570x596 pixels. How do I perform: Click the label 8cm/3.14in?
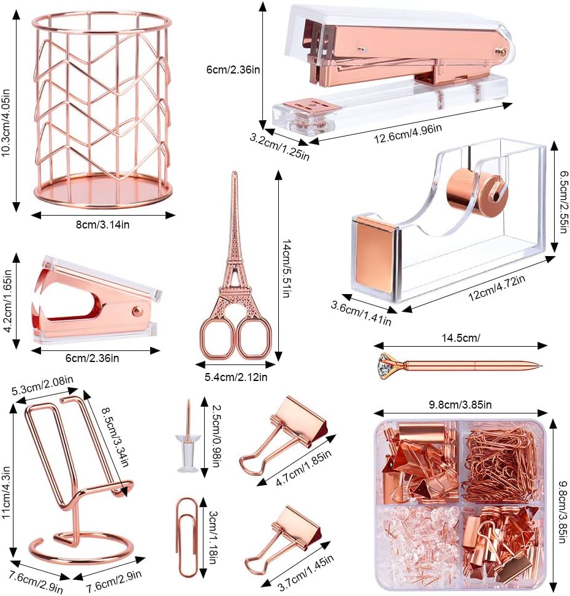coord(102,225)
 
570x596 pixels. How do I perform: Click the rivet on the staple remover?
coord(132,312)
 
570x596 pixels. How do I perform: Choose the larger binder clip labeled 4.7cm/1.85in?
coord(286,434)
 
